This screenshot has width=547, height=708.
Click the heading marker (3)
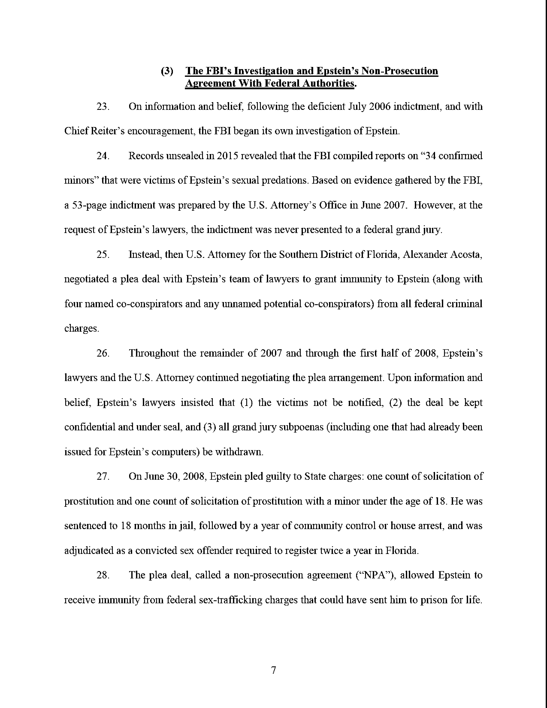pos(167,71)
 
